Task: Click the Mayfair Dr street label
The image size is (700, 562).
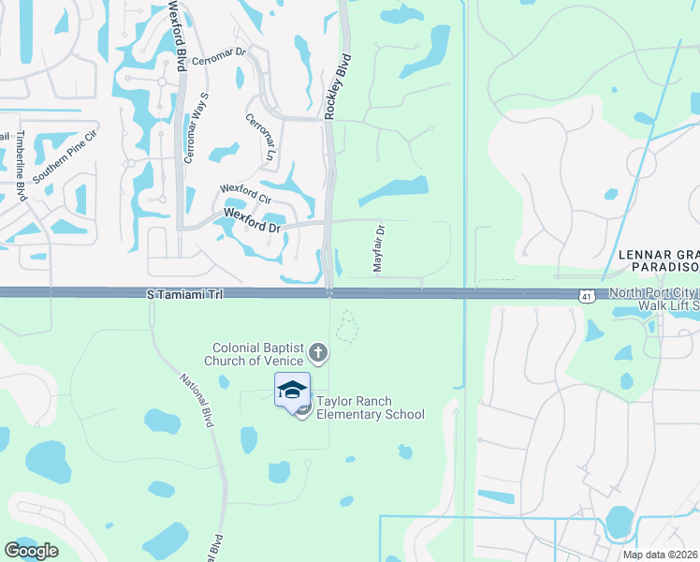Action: click(x=380, y=248)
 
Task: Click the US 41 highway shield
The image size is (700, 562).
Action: click(x=586, y=295)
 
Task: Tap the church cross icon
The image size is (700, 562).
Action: click(x=318, y=353)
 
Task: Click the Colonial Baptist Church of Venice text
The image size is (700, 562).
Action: click(x=258, y=354)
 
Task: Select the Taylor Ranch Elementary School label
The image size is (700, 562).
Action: click(x=370, y=407)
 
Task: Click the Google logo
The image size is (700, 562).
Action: click(x=31, y=550)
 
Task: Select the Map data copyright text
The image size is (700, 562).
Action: click(x=661, y=555)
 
